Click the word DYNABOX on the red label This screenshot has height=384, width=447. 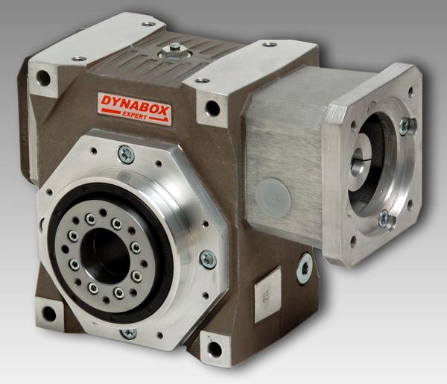pos(135,105)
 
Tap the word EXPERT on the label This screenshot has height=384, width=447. pos(135,116)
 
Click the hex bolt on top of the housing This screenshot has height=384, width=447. pos(174,50)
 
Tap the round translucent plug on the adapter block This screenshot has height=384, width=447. pos(273,194)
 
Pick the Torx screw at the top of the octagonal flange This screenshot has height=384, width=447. pos(126,154)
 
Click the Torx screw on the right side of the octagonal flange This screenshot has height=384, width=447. pos(208,259)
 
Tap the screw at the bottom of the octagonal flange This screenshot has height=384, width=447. pos(129,333)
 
